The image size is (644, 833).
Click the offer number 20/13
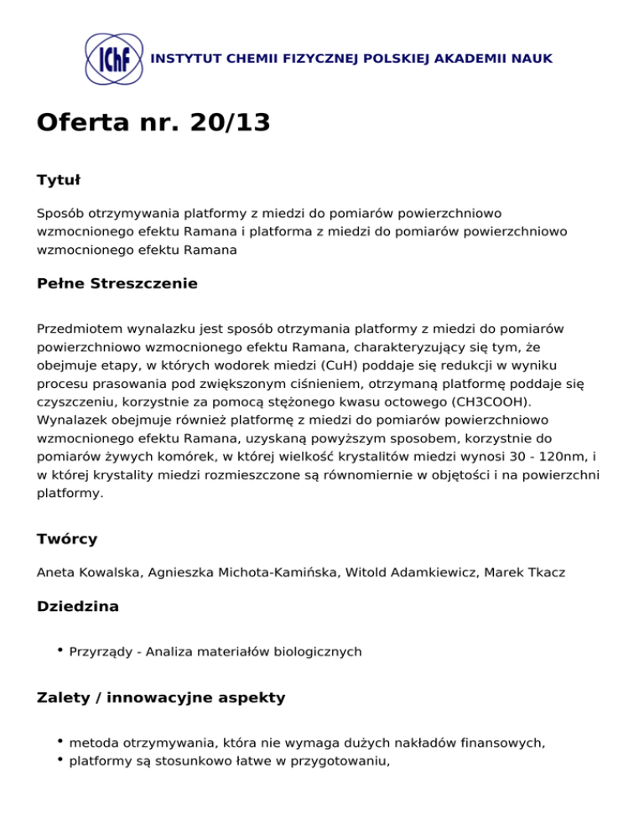coord(230,123)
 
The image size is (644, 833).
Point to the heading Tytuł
coord(58,180)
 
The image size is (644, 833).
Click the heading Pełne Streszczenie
coord(117,283)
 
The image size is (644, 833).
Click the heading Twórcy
coord(67,538)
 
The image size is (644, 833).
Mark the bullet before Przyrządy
coord(62,649)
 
